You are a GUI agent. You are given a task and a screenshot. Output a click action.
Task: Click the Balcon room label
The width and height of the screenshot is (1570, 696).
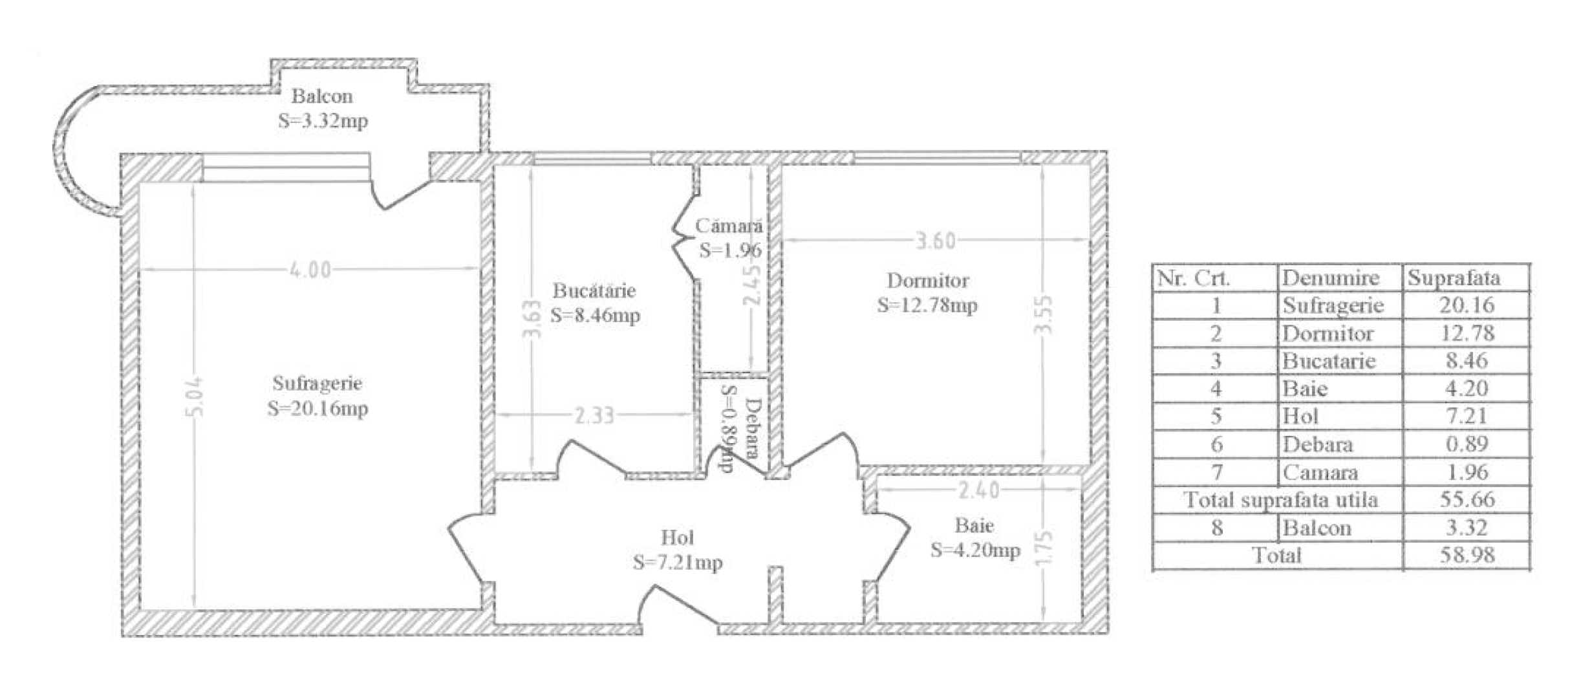coord(322,96)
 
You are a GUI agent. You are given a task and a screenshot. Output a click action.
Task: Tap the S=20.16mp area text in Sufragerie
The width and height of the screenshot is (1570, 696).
coord(317,409)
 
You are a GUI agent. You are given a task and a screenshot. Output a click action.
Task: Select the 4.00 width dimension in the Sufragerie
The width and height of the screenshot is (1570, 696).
coord(310,270)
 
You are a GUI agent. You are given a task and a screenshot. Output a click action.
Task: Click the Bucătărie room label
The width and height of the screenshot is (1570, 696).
coord(594,290)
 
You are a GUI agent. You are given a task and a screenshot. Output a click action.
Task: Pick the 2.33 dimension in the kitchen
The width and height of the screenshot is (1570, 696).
coord(594,415)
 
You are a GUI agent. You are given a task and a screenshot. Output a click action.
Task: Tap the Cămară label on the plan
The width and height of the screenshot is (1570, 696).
coord(729,226)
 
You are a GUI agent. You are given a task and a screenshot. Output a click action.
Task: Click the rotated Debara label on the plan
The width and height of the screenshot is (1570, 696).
coord(753,428)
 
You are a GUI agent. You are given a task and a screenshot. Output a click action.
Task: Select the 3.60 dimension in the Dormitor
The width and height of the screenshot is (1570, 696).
coord(936,241)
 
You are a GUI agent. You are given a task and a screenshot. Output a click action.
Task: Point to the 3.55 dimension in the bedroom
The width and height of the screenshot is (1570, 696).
coord(1044,315)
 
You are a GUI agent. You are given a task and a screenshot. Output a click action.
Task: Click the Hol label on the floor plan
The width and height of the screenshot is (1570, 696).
coord(677,538)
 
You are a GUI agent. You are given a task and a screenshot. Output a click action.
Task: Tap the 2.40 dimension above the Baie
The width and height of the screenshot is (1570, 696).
coord(978,490)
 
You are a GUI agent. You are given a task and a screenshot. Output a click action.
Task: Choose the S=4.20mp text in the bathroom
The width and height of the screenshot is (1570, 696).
coord(975,550)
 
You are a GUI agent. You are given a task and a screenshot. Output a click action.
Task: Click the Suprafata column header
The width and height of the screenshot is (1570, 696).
coord(1454,277)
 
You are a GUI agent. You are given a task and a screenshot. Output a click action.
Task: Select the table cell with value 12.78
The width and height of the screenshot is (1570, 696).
coord(1467,332)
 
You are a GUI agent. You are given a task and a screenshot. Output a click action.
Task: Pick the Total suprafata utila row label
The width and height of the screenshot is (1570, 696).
coord(1280,499)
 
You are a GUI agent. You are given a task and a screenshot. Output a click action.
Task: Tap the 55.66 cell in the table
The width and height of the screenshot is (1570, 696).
coord(1467,499)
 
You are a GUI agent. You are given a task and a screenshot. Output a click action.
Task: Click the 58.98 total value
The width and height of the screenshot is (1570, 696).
coord(1467,555)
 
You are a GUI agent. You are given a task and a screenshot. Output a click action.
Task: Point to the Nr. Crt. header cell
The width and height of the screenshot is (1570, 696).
coord(1193,278)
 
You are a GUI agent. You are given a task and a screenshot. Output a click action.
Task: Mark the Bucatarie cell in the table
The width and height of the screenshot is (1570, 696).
coord(1329,360)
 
